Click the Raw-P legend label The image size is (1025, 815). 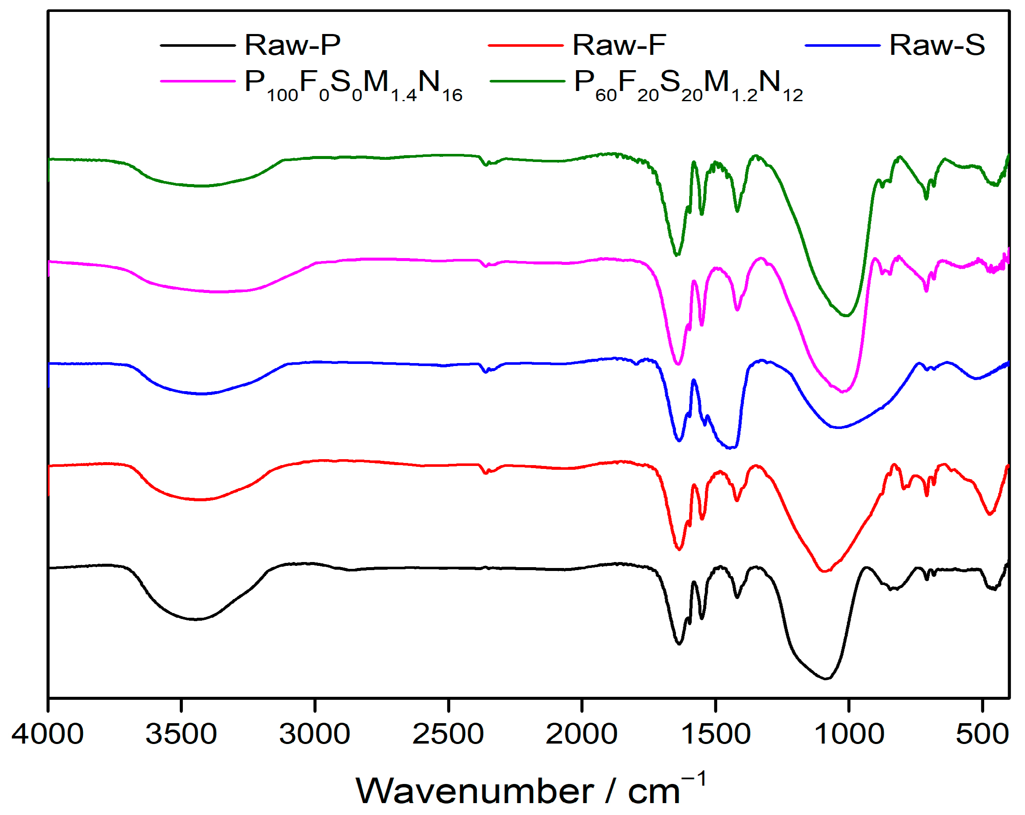[292, 45]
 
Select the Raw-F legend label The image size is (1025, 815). [619, 45]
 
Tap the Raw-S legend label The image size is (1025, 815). [937, 45]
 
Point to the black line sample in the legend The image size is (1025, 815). [198, 45]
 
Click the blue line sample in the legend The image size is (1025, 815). [843, 45]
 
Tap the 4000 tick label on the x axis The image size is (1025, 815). [48, 734]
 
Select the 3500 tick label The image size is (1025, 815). [181, 734]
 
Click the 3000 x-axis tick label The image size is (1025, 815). [315, 734]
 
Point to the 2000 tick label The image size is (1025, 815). [582, 734]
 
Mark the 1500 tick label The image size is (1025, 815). [716, 734]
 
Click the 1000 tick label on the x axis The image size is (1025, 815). [849, 734]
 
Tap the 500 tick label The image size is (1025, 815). [982, 734]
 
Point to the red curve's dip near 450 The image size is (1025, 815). [989, 514]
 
